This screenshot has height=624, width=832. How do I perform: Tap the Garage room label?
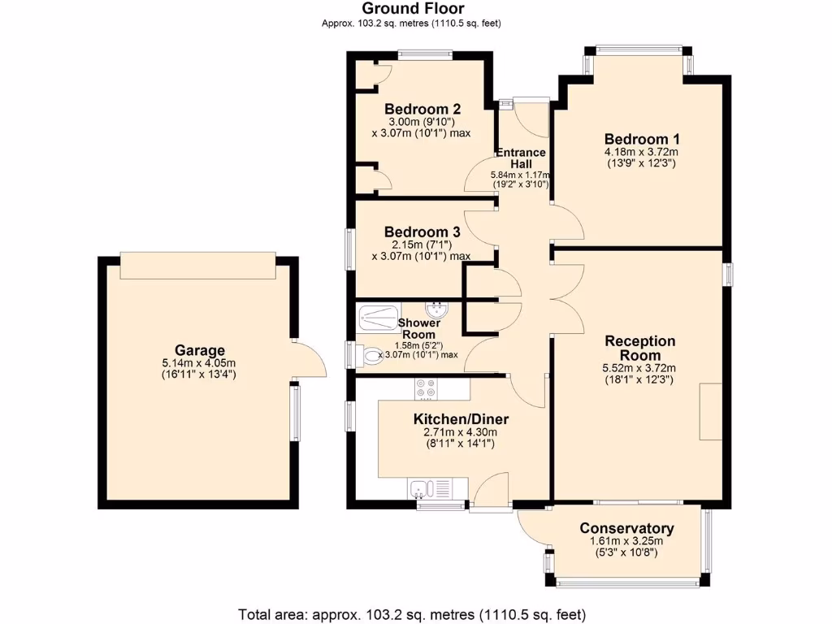(198, 350)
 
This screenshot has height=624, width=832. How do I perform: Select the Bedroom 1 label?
(641, 138)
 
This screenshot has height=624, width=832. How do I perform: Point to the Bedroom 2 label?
(422, 109)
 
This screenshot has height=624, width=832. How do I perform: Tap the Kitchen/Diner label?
(461, 419)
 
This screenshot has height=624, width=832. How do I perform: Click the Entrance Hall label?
(521, 158)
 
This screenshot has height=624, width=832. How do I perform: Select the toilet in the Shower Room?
(372, 356)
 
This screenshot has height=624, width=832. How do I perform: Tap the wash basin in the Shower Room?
(439, 308)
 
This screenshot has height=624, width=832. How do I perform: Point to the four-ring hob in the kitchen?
(424, 388)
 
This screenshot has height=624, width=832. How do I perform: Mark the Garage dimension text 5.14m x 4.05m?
(198, 364)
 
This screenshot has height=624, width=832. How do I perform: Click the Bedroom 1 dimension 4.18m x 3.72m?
(641, 152)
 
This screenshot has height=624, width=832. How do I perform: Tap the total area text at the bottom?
(411, 613)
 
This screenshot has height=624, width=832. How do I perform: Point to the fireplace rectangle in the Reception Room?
(710, 411)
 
